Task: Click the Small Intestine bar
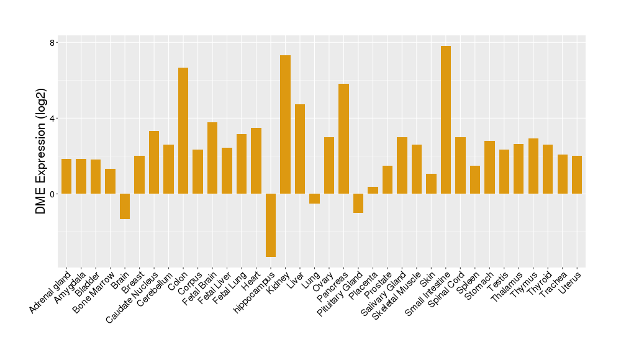coord(446,120)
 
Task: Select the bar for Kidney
coord(285,124)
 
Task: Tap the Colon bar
coord(183,130)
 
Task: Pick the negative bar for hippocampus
coord(271,225)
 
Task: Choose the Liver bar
coord(300,149)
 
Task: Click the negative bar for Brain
coord(125,206)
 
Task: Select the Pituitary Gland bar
coord(358,203)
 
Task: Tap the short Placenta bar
coord(373,191)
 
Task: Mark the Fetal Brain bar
coord(212,158)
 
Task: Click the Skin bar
coord(431,184)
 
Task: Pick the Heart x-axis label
coord(250,281)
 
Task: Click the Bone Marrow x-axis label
coord(94,290)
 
